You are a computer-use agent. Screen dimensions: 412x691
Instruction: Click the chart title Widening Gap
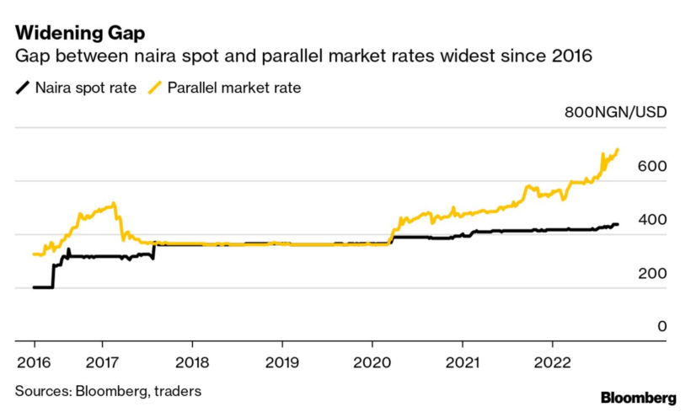click(79, 34)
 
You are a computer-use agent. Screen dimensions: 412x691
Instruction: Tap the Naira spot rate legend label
click(85, 87)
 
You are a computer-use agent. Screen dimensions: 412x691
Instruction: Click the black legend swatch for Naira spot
click(24, 87)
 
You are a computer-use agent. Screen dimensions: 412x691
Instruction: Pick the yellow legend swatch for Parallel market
click(157, 87)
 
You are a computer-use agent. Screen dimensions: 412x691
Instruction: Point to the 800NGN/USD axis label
click(615, 114)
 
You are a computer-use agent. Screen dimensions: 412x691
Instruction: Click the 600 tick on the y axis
click(653, 167)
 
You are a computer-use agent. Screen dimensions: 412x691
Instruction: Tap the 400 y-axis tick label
click(653, 220)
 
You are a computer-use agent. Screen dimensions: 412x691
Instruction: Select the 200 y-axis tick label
click(653, 274)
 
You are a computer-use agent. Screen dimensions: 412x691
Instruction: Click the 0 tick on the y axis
click(662, 327)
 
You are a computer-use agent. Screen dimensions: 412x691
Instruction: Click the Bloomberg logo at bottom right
click(638, 397)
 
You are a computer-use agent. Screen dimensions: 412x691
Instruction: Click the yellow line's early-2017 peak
click(113, 203)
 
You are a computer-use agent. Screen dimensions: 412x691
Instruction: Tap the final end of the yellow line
click(618, 150)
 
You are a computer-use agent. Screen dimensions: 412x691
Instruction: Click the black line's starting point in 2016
click(35, 287)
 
